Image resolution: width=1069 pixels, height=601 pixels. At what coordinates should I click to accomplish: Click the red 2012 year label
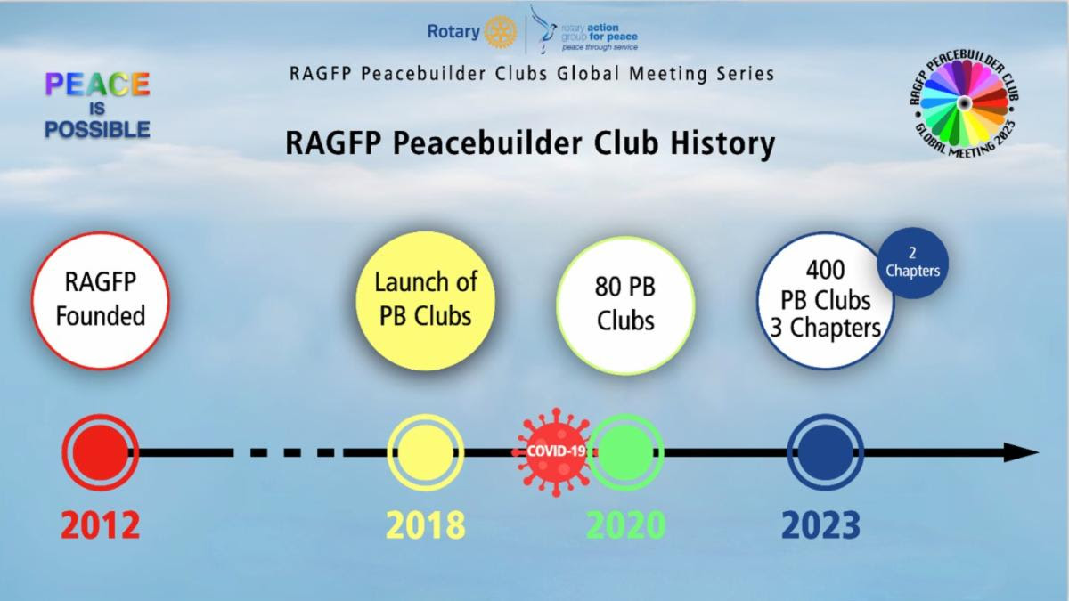100,525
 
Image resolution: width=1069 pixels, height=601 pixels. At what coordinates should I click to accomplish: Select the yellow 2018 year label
425,525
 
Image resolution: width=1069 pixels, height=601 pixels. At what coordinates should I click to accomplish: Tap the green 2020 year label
625,525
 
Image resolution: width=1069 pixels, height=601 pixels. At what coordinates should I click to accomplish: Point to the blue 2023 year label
820,525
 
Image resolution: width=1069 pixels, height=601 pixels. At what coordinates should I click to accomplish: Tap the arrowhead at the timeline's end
1021,452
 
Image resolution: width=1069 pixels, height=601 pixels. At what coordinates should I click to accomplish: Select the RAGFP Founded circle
100,301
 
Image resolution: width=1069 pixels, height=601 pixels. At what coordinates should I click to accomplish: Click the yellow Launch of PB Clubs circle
425,301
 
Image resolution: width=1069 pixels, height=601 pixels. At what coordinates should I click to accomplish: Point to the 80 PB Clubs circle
625,305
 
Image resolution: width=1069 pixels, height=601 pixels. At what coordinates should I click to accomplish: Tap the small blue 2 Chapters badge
912,263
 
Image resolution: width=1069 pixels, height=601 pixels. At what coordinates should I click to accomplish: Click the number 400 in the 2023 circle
825,270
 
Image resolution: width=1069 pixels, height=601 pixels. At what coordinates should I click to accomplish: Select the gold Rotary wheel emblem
500,32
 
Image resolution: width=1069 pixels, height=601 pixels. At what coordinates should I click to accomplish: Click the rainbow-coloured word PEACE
97,85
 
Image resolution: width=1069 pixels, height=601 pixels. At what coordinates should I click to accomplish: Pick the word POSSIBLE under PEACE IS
97,129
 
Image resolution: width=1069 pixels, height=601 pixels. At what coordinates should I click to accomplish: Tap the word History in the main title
722,143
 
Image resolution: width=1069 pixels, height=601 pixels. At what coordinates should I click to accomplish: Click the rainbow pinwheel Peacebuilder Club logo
965,103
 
